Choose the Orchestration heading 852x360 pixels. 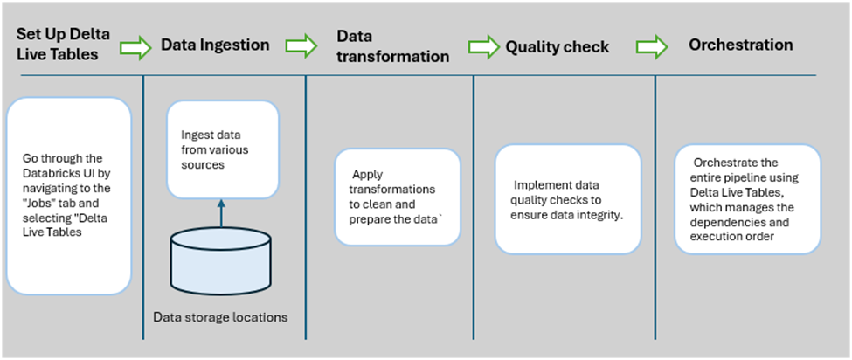point(740,45)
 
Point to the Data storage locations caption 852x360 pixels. point(219,317)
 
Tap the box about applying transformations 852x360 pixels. point(398,197)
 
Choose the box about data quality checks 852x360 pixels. point(567,199)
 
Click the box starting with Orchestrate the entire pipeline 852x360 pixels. point(747,199)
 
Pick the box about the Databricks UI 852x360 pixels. point(68,196)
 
